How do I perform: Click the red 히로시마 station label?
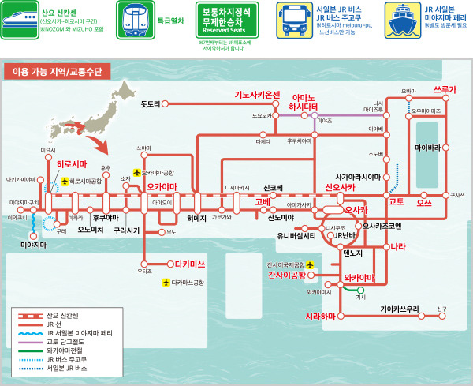(72, 164)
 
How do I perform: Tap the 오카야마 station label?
(162, 187)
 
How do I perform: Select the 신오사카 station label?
(340, 187)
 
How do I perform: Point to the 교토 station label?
(396, 202)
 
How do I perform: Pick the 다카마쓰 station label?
(190, 264)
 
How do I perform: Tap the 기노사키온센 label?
(257, 95)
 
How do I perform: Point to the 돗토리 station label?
(150, 104)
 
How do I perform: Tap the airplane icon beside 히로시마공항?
(65, 181)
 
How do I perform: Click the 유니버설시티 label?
(296, 235)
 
